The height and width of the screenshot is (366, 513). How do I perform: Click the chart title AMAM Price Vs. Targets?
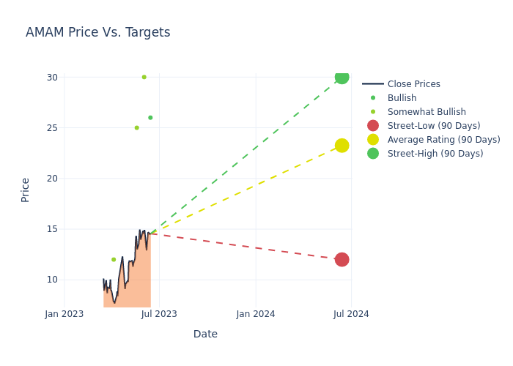coord(97,32)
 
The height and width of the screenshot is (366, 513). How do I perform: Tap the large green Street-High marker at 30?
coord(342,77)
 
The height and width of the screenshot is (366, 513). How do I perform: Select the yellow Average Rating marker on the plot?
coord(342,146)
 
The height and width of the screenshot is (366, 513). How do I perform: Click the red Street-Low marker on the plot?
coord(342,259)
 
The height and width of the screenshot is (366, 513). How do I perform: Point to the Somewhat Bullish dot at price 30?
coord(144,77)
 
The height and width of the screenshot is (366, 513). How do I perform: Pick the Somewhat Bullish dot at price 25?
coord(136,127)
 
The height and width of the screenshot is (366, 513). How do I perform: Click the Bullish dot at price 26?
coord(150,117)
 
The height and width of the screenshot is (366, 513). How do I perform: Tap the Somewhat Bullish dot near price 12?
coord(114,259)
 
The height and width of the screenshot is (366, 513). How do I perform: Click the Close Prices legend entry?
coord(413,84)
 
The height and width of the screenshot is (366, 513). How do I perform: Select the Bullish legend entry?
coord(402,98)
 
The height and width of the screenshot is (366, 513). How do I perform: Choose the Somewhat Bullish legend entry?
coord(427,112)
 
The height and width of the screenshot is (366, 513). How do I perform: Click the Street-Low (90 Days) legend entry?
coord(433,126)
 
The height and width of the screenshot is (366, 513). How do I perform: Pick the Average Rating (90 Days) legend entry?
coord(443,140)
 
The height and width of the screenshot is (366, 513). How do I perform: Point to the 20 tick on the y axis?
coord(52,178)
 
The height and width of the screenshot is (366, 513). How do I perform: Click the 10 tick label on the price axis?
coord(52,279)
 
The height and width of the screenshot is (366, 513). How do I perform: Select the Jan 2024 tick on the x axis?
coord(256,314)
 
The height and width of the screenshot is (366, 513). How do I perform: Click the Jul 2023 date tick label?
coord(159,314)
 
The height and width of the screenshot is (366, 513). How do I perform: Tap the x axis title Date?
coord(205,334)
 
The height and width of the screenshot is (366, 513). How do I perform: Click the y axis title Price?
coord(26,190)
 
